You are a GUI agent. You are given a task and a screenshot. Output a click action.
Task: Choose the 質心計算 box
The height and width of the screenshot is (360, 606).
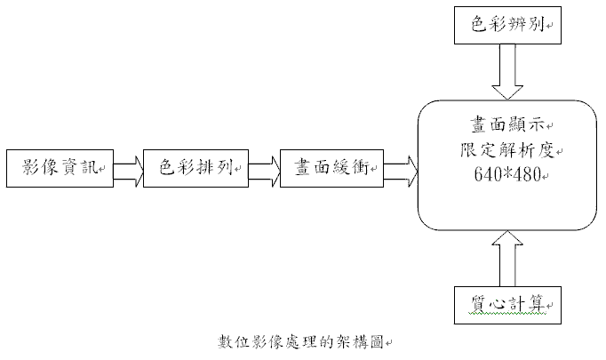504,305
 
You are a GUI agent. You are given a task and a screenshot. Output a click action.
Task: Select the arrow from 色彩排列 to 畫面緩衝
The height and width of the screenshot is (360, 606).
264,167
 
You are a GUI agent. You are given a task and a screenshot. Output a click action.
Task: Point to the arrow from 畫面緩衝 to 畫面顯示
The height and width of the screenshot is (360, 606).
401,167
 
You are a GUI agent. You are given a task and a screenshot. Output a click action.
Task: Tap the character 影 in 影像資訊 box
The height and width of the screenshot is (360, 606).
31,167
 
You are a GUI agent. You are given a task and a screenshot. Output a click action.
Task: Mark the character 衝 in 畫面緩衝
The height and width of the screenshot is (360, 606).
366,167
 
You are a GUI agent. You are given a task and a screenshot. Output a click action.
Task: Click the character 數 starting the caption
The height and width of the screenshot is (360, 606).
226,342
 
